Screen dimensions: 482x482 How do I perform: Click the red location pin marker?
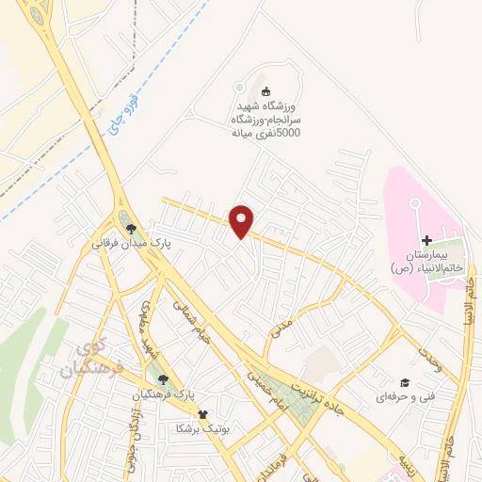[x=242, y=221]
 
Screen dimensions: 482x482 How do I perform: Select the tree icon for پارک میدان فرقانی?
[x=132, y=227]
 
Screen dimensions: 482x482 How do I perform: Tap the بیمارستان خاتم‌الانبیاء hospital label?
[x=428, y=262]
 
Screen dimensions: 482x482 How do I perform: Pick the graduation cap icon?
[x=405, y=382]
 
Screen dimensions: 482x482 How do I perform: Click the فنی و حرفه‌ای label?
[x=396, y=397]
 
